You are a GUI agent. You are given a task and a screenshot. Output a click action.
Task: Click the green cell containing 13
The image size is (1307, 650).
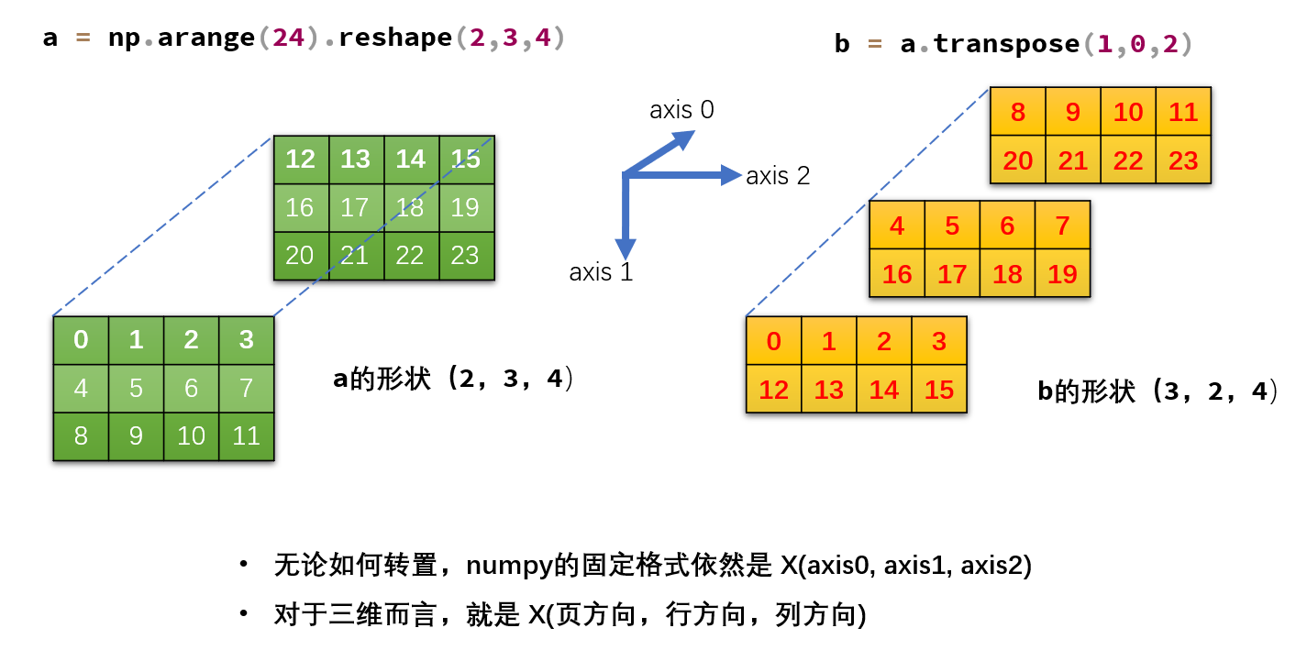[x=355, y=160]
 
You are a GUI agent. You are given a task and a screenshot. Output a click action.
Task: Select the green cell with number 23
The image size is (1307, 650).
[x=465, y=255]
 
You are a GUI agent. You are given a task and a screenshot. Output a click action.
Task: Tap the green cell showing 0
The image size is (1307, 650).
[x=81, y=340]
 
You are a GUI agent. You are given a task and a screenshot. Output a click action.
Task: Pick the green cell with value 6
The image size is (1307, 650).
[x=191, y=388]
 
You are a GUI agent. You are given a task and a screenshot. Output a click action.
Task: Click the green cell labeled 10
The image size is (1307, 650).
[x=191, y=435]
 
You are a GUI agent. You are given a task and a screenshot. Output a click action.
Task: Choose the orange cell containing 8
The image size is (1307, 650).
[x=1018, y=112]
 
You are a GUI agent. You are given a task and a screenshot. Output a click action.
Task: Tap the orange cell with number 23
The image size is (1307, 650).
[x=1183, y=160]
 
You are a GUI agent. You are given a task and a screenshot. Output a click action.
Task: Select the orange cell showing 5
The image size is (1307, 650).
[x=952, y=226]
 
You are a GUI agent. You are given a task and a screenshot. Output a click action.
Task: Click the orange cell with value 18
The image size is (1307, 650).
[x=1007, y=274]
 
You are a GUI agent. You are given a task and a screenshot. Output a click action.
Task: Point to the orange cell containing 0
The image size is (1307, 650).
[x=774, y=341]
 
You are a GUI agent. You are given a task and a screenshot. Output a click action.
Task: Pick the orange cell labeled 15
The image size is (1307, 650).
[x=939, y=390]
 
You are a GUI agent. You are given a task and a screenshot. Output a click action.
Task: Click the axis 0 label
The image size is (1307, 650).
[x=681, y=110]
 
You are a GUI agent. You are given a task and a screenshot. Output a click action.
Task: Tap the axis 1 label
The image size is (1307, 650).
[x=601, y=272]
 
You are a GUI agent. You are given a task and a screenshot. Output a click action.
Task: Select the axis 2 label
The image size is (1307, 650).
[x=778, y=176]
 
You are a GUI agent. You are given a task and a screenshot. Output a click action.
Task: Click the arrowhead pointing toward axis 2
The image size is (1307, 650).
[x=730, y=174]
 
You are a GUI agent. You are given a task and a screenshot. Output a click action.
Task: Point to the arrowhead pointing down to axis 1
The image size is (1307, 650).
[x=626, y=248]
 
